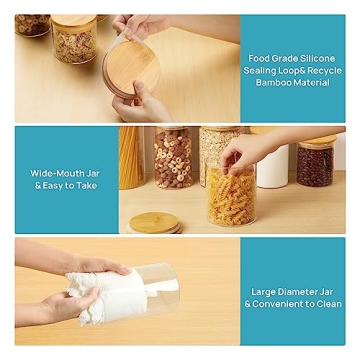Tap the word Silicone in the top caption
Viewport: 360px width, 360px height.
click(x=317, y=57)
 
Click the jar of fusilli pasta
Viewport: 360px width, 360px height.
click(x=229, y=196)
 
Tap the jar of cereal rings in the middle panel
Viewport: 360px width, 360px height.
click(x=173, y=157)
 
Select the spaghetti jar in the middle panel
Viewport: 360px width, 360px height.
click(x=131, y=158)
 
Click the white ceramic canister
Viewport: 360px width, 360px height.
click(x=272, y=165)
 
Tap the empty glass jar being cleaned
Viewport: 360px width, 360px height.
click(x=160, y=287)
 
